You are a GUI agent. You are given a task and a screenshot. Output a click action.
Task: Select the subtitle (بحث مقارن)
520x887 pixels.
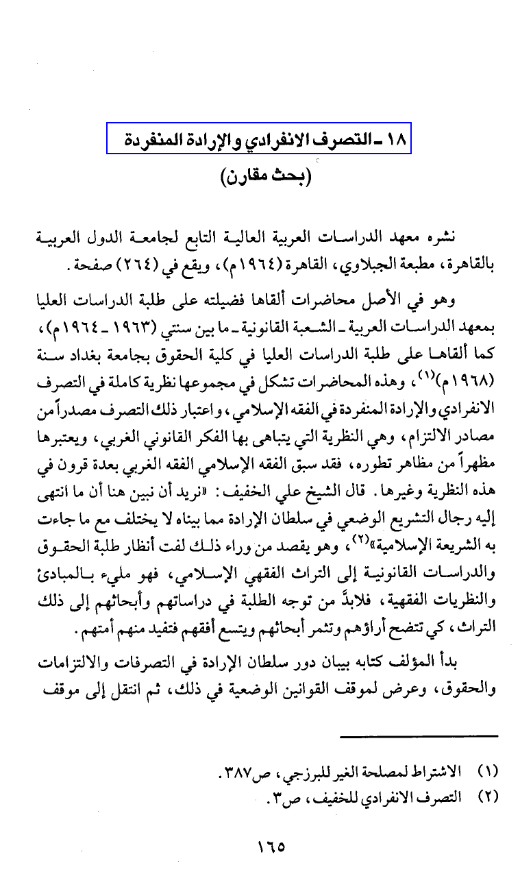[x=266, y=177]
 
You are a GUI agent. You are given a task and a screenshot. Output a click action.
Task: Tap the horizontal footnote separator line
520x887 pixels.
[x=419, y=735]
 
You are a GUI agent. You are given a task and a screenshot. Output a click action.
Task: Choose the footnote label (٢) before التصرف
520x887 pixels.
[x=486, y=798]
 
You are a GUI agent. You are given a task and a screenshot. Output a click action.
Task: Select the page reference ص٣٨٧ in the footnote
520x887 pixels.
[x=245, y=772]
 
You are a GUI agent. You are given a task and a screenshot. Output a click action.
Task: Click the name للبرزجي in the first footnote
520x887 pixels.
[x=299, y=772]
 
